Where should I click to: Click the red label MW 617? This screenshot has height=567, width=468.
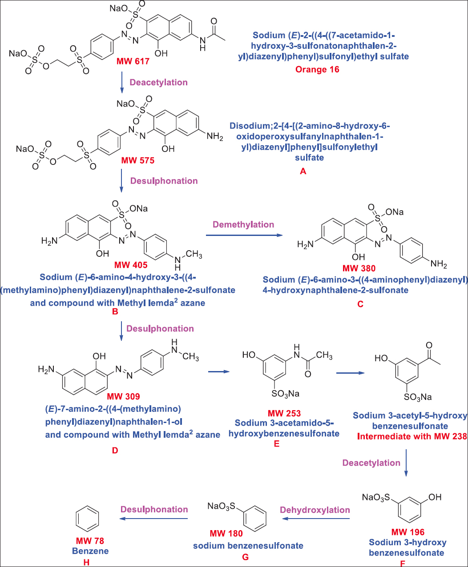[132, 60]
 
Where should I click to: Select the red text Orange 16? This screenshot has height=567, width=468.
[317, 69]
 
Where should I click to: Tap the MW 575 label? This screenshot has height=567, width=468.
[138, 160]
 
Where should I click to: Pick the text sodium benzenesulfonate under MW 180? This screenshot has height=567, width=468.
[248, 545]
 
